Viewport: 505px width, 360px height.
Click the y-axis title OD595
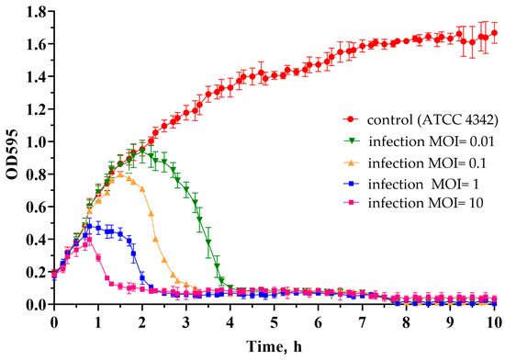coord(10,152)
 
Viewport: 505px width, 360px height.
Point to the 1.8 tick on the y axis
coord(37,12)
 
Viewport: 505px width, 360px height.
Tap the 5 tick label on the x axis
coord(275,322)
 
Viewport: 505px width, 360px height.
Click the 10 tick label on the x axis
coord(494,322)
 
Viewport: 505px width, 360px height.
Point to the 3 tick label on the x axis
coord(186,322)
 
